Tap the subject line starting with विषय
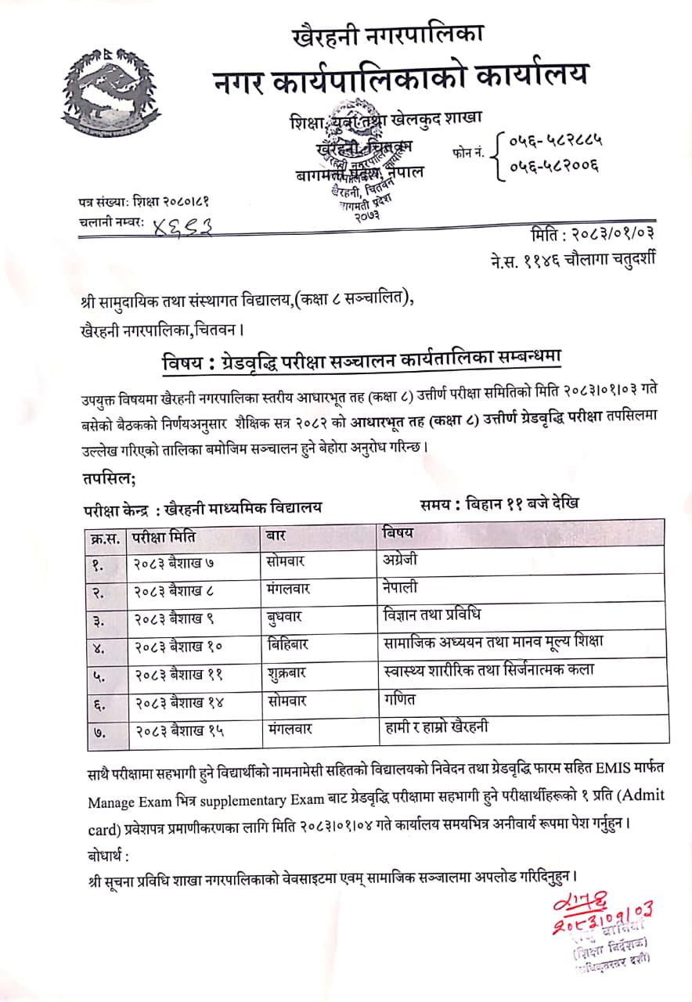(367, 362)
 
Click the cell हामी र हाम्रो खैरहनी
(437, 727)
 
